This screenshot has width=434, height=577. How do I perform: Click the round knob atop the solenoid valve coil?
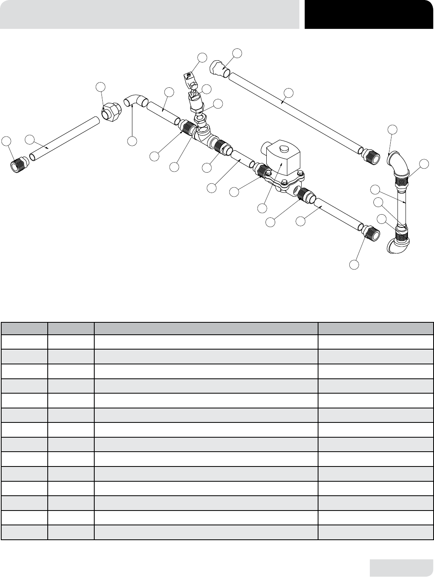pos(282,149)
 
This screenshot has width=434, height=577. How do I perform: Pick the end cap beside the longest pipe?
pos(219,68)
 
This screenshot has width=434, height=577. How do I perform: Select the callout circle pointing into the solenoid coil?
pos(262,208)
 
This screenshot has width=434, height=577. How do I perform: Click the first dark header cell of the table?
pos(24,329)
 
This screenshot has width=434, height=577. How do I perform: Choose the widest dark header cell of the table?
pos(206,329)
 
